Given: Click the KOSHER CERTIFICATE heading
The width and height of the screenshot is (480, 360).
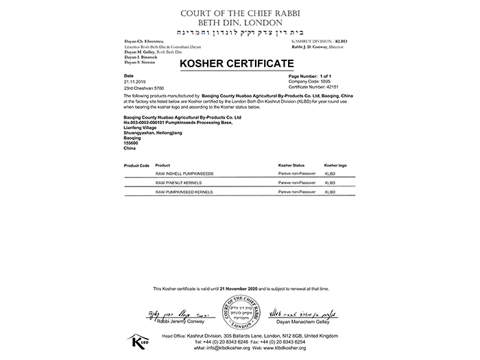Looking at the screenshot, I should tap(236, 64).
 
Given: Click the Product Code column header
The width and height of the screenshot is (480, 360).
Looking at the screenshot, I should tap(136, 166).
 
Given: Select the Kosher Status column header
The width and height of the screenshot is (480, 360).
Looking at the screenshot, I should tap(291, 166).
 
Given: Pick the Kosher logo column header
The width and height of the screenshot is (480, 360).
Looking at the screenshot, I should tap(335, 166).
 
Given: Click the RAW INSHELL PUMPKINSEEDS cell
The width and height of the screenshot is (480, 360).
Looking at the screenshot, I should tap(184, 174).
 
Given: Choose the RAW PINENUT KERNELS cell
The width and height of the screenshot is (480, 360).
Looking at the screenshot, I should tap(179, 182).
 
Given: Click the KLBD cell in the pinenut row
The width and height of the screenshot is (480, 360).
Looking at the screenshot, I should tap(330, 182).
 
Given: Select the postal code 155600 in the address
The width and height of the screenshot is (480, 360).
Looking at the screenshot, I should tap(131, 143).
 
